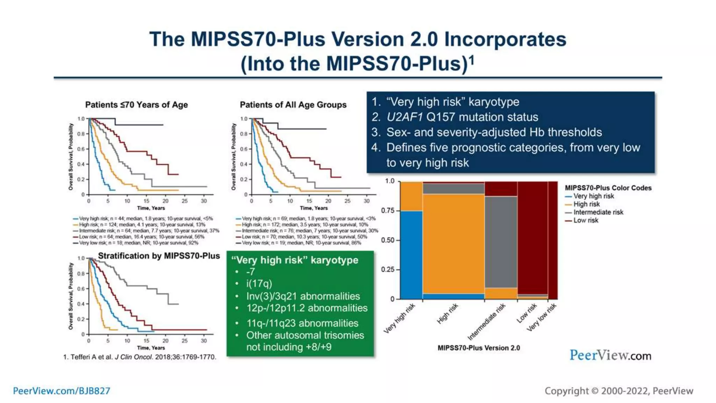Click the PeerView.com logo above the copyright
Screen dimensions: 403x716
point(610,355)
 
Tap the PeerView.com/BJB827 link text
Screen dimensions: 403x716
point(62,391)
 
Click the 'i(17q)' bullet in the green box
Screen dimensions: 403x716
point(259,284)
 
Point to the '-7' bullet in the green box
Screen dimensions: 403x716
point(250,272)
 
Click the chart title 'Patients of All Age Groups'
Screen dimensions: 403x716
point(293,105)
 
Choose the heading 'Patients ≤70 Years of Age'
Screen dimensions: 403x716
point(136,105)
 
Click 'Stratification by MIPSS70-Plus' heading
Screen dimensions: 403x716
point(159,256)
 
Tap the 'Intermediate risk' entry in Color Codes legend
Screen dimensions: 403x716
point(598,212)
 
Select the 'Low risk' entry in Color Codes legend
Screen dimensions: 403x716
point(586,220)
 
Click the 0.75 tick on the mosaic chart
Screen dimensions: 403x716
point(388,211)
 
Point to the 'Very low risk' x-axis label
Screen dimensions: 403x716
point(541,318)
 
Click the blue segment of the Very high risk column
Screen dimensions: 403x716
point(411,255)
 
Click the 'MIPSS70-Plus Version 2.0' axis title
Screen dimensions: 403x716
point(479,348)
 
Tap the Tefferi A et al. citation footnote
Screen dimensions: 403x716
point(139,357)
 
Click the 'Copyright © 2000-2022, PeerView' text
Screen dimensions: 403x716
point(619,391)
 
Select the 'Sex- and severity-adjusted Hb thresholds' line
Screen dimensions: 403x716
point(494,133)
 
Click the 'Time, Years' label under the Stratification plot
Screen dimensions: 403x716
point(151,348)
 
